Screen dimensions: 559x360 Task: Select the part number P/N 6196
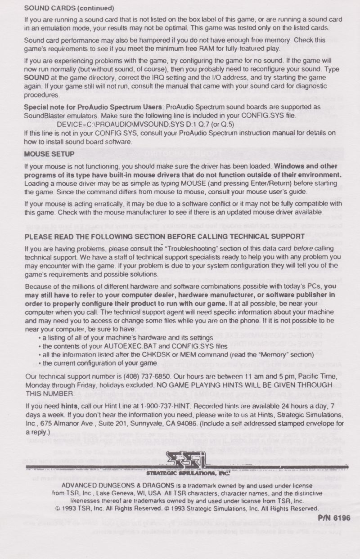tap(333, 518)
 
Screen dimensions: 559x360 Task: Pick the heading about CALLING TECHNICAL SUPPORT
tap(164, 237)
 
